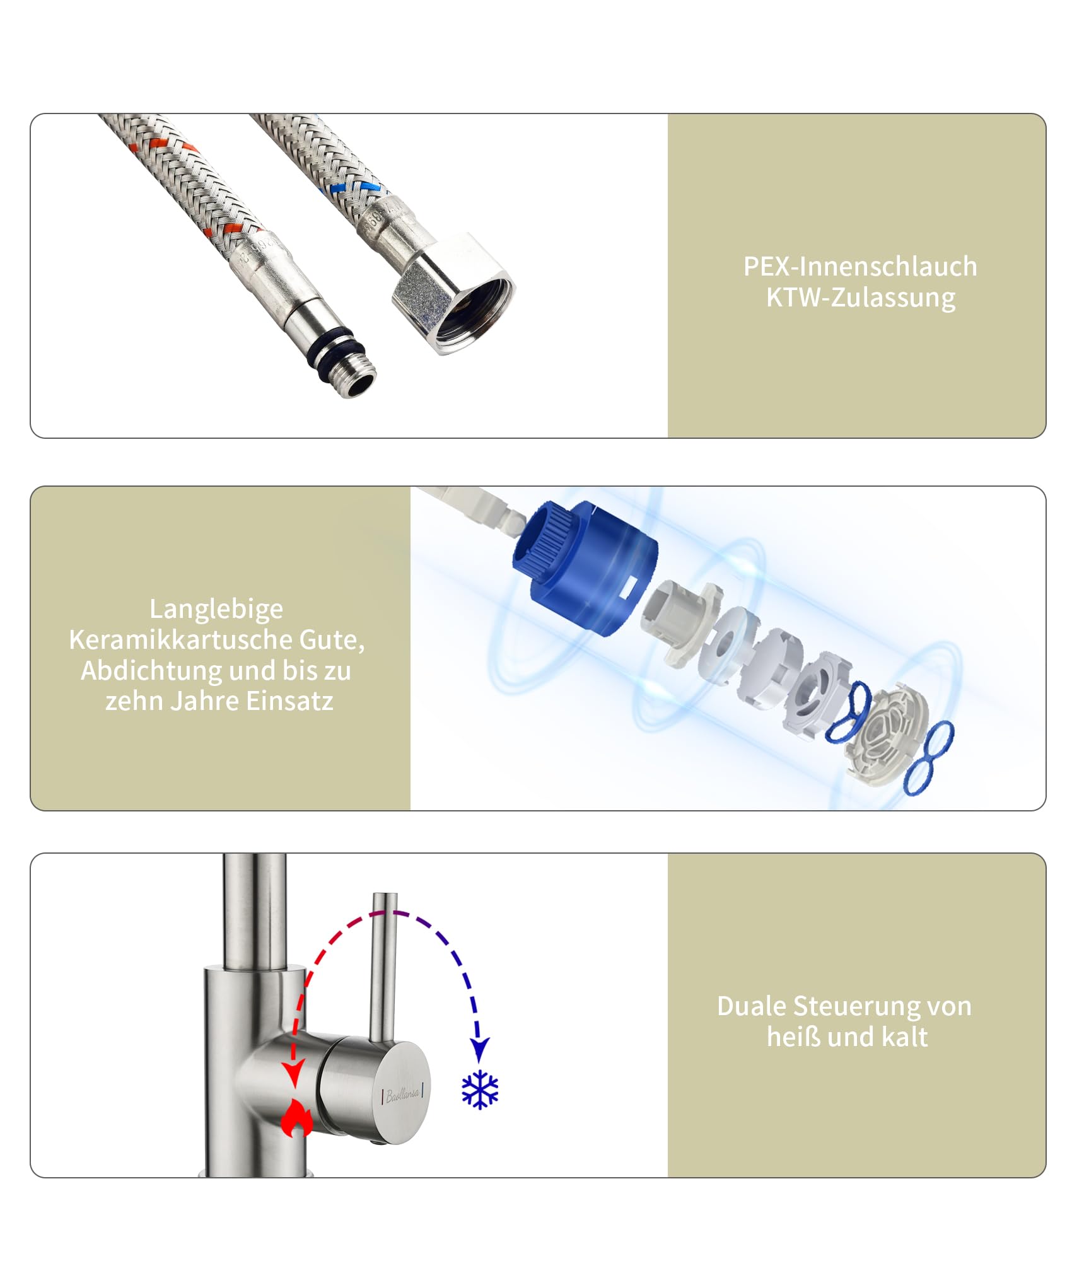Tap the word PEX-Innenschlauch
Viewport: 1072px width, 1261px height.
860,266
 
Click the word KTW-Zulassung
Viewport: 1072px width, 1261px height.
860,298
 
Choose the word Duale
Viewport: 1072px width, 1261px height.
751,1006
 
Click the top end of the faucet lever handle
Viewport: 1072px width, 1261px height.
385,895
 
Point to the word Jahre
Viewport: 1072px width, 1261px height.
205,701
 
